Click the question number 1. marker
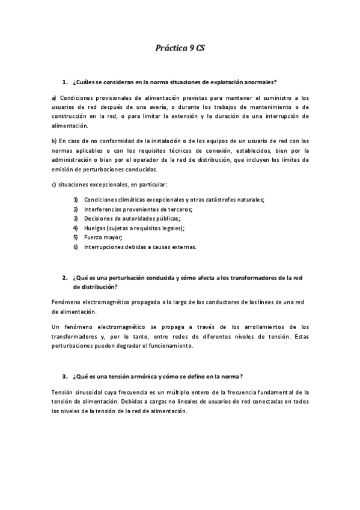coord(64,81)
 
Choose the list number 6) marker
coord(76,247)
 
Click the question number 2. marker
coord(64,278)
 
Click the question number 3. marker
coord(64,376)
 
